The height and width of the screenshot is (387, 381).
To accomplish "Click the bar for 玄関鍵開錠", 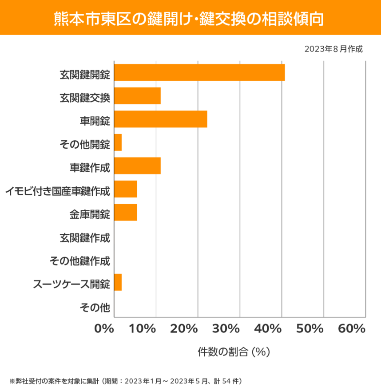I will (x=199, y=72).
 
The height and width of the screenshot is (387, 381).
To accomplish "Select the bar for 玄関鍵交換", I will (x=137, y=96).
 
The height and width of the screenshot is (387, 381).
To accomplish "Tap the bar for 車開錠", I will (x=161, y=119).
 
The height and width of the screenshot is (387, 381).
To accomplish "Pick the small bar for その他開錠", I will (x=118, y=142).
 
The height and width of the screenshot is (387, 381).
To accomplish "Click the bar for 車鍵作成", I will (x=137, y=166).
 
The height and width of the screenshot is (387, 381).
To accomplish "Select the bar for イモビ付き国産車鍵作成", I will (x=126, y=189).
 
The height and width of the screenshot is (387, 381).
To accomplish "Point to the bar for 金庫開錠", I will (x=126, y=212).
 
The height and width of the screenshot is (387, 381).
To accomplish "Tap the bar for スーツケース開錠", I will (x=118, y=282).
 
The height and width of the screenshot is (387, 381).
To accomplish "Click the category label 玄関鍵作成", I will (x=84, y=237).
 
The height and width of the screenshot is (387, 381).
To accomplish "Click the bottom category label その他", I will (x=95, y=307).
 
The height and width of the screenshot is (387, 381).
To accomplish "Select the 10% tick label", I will (x=143, y=329).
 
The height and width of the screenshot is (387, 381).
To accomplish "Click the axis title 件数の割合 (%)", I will (x=234, y=352).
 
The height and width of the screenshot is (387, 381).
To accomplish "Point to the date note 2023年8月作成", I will (x=333, y=49).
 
